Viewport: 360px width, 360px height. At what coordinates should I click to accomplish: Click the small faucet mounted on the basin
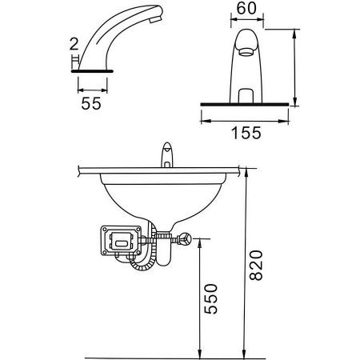[x=168, y=156]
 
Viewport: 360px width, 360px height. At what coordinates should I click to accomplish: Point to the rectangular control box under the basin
[x=121, y=241]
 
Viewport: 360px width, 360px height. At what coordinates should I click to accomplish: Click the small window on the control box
[x=121, y=239]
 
